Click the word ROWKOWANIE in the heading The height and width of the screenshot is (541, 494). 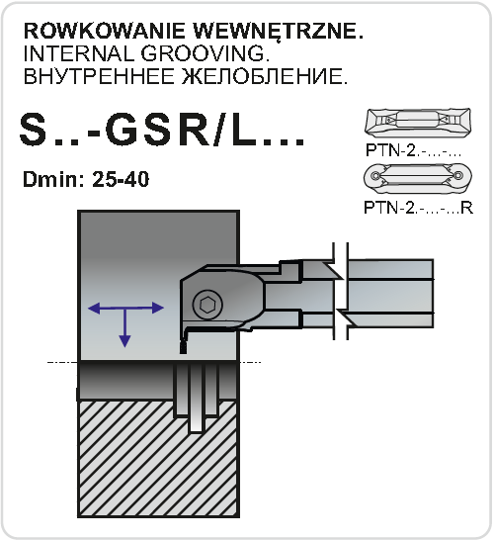point(105,31)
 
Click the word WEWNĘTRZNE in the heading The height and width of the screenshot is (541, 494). point(278,32)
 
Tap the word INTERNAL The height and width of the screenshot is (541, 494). point(78,53)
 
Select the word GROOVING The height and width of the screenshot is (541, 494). point(205,53)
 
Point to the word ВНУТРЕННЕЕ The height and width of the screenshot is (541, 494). point(99,76)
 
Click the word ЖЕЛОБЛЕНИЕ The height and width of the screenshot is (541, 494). point(265,76)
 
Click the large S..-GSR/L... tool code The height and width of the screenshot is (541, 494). point(162,131)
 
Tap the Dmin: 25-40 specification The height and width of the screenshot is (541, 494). point(86,179)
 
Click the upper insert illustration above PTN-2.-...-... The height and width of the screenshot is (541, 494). point(418,122)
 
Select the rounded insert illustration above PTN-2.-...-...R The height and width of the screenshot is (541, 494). point(418,178)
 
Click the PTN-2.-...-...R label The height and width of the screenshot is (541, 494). point(418,208)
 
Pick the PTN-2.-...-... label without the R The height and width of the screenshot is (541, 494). point(413,150)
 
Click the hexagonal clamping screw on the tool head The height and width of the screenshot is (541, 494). point(207,305)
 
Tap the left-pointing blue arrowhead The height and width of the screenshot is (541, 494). point(94,309)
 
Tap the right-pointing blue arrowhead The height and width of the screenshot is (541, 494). point(157,308)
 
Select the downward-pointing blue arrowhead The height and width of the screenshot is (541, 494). point(124,341)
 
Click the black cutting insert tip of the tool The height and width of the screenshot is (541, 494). point(184,347)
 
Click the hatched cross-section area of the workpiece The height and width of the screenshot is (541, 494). point(158,459)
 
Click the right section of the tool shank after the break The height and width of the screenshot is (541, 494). point(390,294)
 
